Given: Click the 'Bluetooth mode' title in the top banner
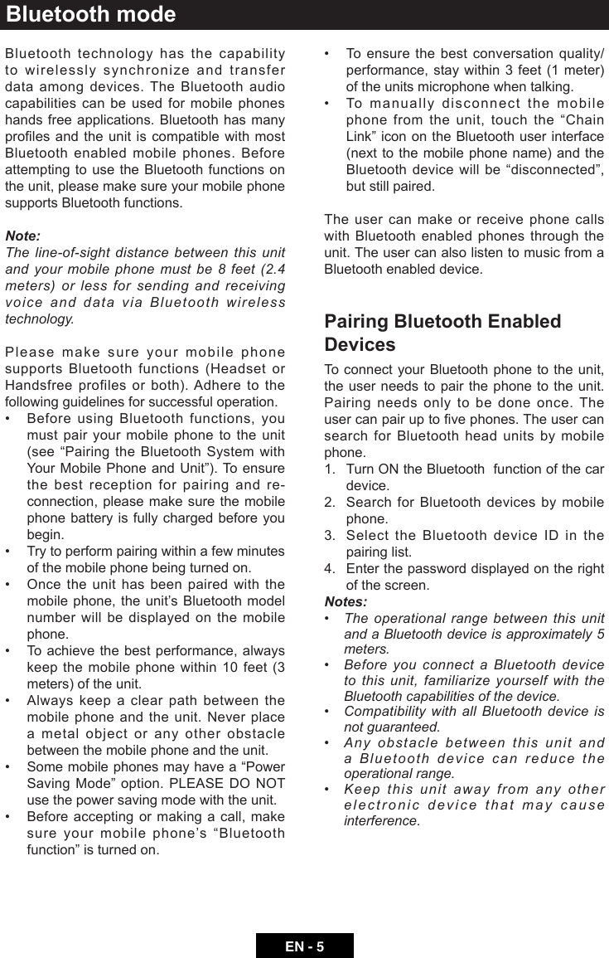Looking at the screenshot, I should click(91, 15).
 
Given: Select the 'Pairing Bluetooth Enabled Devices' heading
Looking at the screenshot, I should click(442, 333).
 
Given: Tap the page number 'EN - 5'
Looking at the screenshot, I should click(304, 946).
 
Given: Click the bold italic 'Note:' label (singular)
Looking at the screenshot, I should click(22, 236).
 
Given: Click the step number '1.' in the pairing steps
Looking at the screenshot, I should click(331, 469).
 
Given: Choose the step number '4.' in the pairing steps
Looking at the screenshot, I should click(331, 569).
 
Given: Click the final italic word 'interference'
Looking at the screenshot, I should click(381, 820).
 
